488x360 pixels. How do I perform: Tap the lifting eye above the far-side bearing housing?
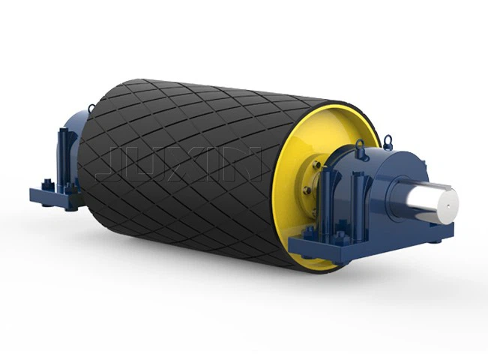click(91, 109)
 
